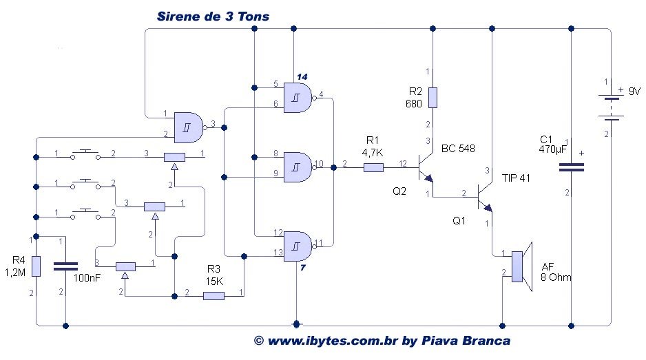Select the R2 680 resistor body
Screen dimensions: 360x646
click(x=432, y=97)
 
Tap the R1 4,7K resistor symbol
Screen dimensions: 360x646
click(x=373, y=167)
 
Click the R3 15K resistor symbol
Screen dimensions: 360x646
click(x=214, y=296)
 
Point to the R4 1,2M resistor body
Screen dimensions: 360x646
click(x=37, y=266)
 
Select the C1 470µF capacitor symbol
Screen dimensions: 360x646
click(x=571, y=167)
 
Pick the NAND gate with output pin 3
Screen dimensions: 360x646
click(x=191, y=125)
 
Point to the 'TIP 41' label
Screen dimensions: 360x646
click(x=516, y=178)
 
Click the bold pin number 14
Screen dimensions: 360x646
click(x=302, y=75)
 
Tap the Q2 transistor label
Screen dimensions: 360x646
click(x=399, y=191)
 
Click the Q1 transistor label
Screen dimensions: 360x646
click(x=459, y=221)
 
